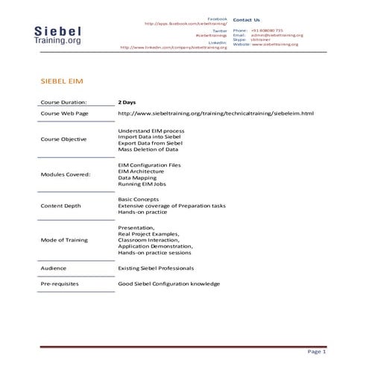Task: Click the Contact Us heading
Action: pos(247,19)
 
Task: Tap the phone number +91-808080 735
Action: pos(267,30)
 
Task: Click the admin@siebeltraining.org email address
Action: pos(277,35)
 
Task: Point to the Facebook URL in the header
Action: pos(186,23)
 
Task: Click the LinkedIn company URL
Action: pos(174,47)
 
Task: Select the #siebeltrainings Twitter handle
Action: pos(212,35)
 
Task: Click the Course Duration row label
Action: pos(63,101)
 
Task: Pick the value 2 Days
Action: pos(127,101)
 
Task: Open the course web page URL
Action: pos(216,113)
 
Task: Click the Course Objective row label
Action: pos(63,139)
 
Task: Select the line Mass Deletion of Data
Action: pos(148,149)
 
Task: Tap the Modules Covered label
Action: pos(66,174)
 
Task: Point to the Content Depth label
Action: pos(61,206)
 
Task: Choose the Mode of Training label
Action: pos(64,240)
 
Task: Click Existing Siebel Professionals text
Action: pos(160,268)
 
